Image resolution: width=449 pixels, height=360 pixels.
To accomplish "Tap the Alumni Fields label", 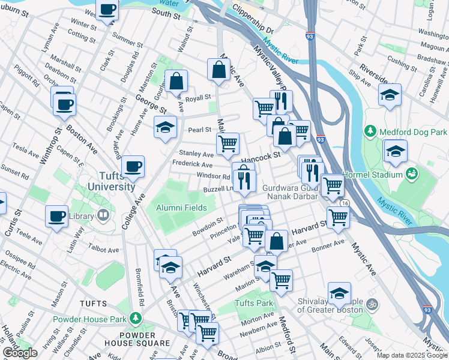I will point(181,208).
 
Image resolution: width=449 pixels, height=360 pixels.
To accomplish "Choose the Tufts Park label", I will point(254,303).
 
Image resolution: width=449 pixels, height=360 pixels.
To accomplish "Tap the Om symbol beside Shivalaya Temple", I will point(372,304).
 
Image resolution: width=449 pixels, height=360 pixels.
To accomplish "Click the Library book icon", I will point(103,215).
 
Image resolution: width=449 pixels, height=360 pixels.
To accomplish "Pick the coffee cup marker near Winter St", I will point(108,10).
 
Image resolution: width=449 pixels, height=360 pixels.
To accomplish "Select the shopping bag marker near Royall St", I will point(176,81).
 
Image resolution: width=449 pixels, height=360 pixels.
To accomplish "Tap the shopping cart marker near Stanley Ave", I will point(228,143).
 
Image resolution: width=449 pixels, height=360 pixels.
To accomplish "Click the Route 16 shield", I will point(345,204).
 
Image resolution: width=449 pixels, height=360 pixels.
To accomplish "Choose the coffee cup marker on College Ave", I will point(133,167).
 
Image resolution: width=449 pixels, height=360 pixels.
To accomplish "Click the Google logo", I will point(20,353).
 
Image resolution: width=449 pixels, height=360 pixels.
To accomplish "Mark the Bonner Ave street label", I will point(328,245).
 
